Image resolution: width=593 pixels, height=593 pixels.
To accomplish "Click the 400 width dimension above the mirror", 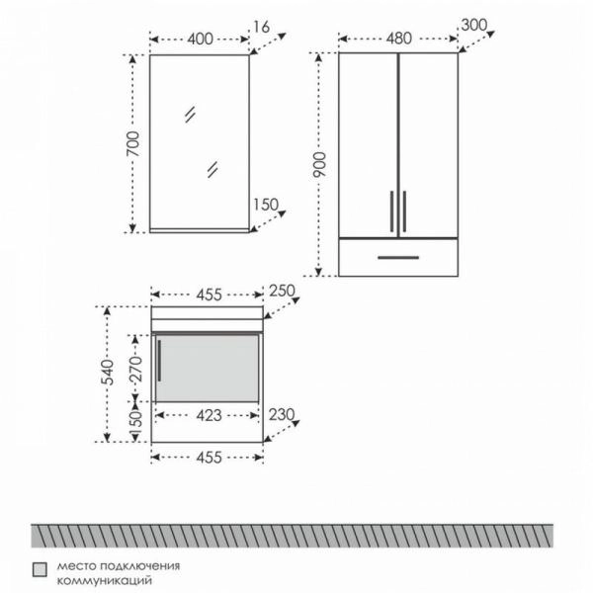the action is (x=200, y=39).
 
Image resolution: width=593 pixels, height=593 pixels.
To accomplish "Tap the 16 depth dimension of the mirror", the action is (x=261, y=27).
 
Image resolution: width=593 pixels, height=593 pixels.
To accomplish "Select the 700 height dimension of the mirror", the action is (x=133, y=143).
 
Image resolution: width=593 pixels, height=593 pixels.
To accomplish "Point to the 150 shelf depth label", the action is (x=266, y=205).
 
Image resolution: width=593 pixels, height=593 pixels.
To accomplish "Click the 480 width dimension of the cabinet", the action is (x=399, y=39).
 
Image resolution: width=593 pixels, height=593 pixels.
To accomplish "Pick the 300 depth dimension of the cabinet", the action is (x=474, y=26).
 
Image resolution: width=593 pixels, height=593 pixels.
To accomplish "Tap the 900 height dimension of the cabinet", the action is (x=319, y=165).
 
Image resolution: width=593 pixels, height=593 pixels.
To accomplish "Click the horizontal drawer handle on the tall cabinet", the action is (x=398, y=258).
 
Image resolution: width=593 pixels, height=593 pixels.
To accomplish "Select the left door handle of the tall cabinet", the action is (x=391, y=212).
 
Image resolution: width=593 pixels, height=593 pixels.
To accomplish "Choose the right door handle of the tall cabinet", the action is (x=404, y=212).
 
